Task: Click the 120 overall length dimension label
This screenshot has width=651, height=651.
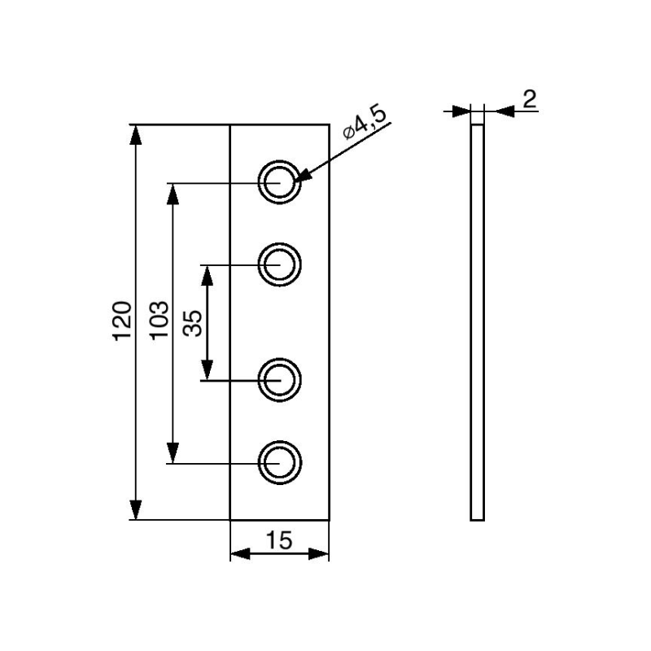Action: click(122, 321)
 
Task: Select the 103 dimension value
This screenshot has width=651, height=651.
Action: click(159, 321)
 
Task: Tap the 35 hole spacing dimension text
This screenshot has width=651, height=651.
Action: click(194, 321)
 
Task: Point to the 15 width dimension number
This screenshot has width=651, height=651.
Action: click(279, 539)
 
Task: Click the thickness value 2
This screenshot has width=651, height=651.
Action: click(530, 98)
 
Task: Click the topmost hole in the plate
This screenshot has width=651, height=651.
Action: click(280, 181)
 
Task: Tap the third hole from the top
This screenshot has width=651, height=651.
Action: click(280, 379)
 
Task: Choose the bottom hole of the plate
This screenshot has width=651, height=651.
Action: click(280, 462)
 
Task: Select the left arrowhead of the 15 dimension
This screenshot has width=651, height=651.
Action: click(241, 554)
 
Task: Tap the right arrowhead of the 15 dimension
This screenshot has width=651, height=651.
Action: click(319, 554)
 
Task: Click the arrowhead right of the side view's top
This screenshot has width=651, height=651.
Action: click(495, 111)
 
